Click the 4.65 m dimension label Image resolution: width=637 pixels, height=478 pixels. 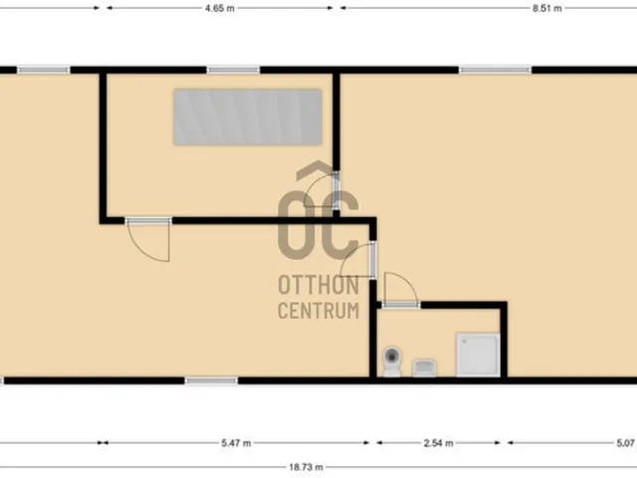tap(220, 8)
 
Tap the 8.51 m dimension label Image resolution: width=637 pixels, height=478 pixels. tap(547, 8)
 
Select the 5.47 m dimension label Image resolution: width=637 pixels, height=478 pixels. tap(236, 442)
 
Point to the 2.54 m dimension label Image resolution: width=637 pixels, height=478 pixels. tap(438, 442)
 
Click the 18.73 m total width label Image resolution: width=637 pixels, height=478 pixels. tap(307, 467)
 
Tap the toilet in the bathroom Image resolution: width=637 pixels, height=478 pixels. tap(392, 360)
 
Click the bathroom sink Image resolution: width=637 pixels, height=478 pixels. tap(425, 367)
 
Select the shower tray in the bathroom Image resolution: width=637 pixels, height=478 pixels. tap(478, 355)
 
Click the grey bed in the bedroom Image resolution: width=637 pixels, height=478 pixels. tap(248, 118)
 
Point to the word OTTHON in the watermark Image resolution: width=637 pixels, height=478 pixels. tap(318, 286)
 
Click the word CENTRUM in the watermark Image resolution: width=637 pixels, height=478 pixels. tap(318, 311)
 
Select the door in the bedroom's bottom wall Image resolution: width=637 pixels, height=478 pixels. tap(148, 240)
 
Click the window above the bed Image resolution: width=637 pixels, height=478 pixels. tap(233, 71)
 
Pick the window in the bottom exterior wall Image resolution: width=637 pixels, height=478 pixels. tap(211, 380)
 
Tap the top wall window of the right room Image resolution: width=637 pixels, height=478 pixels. tap(496, 71)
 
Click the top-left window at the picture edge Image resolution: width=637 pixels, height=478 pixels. tap(44, 71)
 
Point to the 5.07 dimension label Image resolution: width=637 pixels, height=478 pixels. tap(625, 442)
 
